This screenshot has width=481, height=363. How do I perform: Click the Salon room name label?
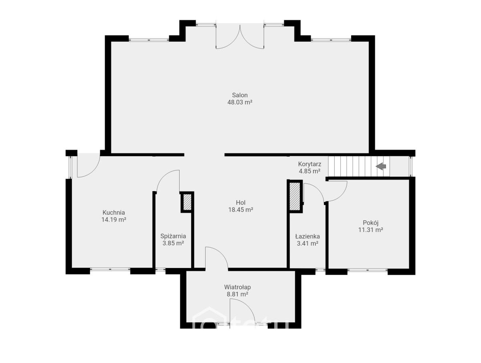click(x=240, y=95)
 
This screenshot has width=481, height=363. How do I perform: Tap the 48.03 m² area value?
click(x=240, y=102)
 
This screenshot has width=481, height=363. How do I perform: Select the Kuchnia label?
click(x=114, y=212)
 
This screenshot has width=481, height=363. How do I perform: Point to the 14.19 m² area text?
click(x=114, y=220)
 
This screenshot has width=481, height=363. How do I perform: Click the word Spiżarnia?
click(x=173, y=236)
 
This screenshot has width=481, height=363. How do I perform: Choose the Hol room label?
click(x=240, y=202)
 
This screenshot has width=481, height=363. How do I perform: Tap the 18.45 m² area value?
click(x=240, y=210)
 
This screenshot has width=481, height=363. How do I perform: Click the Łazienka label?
click(x=307, y=236)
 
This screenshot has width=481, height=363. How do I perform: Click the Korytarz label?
click(x=309, y=164)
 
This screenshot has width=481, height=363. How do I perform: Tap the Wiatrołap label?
click(x=237, y=287)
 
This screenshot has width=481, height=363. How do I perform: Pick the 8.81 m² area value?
click(x=237, y=294)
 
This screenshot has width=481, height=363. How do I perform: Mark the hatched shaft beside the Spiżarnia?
click(x=187, y=202)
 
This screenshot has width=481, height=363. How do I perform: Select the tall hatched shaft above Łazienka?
click(x=295, y=196)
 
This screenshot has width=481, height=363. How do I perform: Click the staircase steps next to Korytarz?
click(x=359, y=166)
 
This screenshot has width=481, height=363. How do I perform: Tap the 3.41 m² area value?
click(x=307, y=244)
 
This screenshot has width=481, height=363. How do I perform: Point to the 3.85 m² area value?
click(x=173, y=243)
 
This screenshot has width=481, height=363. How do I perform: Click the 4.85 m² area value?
click(x=309, y=171)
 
